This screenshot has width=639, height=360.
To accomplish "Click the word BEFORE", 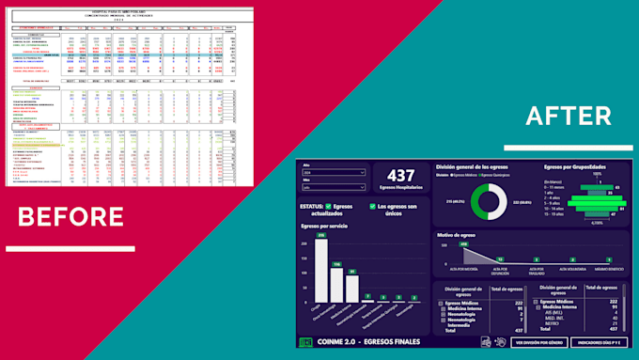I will pyautogui.click(x=70, y=216).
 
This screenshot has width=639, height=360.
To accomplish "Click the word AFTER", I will pyautogui.click(x=554, y=116).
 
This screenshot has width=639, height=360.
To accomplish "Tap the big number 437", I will pyautogui.click(x=401, y=175).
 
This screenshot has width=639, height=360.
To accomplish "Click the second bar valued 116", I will pyautogui.click(x=336, y=282).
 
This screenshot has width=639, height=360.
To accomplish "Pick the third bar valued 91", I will pyautogui.click(x=352, y=287).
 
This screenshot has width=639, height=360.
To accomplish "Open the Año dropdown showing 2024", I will pyautogui.click(x=335, y=173).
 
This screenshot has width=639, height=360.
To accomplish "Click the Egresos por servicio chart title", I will pyautogui.click(x=324, y=226).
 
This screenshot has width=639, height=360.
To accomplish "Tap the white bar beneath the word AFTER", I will pyautogui.click(x=554, y=147).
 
